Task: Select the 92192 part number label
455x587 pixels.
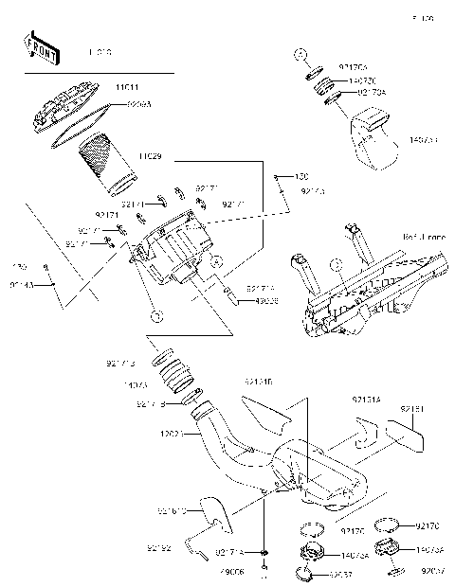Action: pos(159,547)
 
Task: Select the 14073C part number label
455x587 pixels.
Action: pos(364,81)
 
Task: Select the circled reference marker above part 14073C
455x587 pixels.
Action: pos(298,53)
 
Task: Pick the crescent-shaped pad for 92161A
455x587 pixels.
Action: pos(355,437)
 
